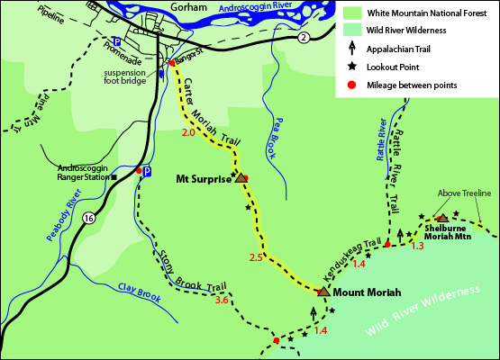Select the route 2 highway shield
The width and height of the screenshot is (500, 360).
[x=304, y=37]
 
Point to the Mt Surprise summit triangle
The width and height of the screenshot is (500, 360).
[x=241, y=178]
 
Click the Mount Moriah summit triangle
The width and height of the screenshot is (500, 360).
[x=323, y=292]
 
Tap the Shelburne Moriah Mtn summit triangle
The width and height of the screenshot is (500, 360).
[x=442, y=218]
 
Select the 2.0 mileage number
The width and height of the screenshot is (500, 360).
[x=188, y=133]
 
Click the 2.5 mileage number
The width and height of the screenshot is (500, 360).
[x=255, y=258]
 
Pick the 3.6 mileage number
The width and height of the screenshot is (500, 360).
[x=223, y=300]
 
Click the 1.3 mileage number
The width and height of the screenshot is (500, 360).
[x=417, y=246]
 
